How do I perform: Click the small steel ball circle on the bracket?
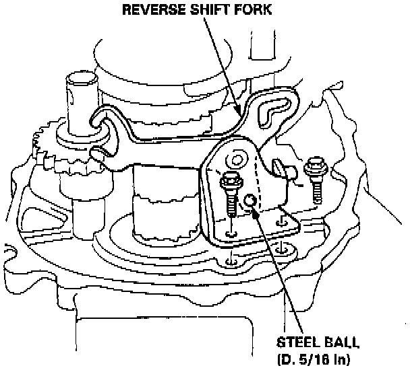250,200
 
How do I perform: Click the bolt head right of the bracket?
313,163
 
